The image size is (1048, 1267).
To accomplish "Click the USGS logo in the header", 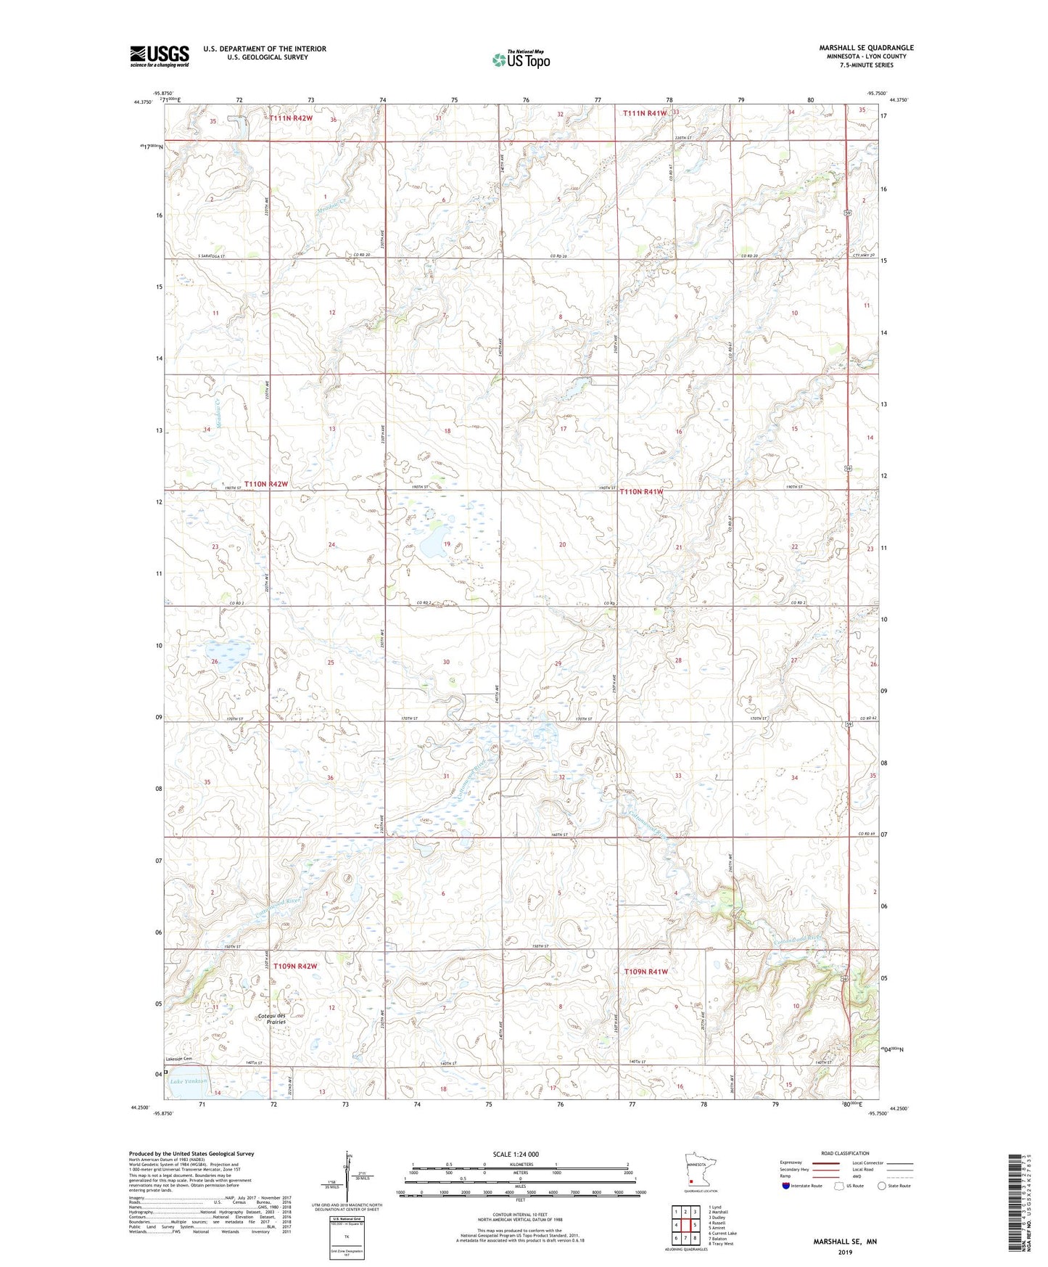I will (159, 56).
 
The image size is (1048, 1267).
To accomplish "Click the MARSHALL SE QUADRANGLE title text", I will (866, 48).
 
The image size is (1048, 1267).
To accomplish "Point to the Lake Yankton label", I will (188, 1081).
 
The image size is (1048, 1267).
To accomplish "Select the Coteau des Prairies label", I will (275, 1018).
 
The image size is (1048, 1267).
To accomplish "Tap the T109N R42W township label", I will (295, 967).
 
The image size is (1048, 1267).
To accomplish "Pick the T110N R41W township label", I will (641, 492).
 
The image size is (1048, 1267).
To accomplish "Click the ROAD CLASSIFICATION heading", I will (845, 1153).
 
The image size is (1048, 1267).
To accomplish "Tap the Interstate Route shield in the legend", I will (786, 1186).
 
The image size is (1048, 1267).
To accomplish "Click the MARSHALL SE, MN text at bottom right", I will (844, 1242).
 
